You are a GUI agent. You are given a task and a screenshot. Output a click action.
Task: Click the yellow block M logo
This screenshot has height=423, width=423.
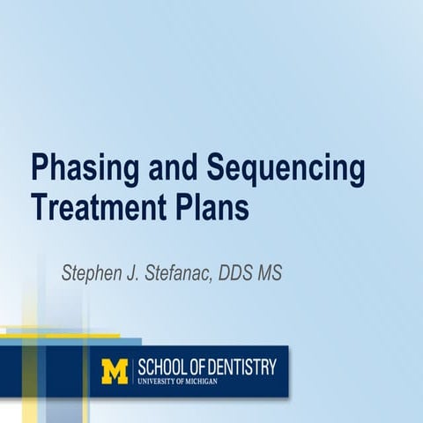click(x=115, y=371)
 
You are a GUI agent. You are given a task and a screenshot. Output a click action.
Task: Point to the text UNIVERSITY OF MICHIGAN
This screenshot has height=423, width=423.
click(x=176, y=381)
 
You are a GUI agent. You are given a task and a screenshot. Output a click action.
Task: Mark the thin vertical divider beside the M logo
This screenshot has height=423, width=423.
click(x=133, y=371)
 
